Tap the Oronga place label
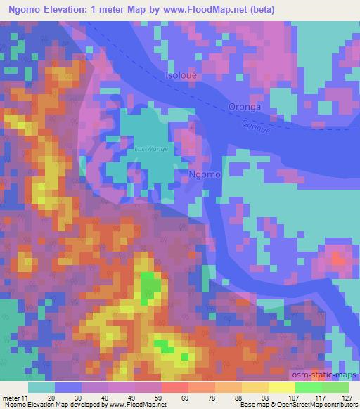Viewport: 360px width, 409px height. pos(245,107)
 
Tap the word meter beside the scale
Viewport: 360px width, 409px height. pos(11,397)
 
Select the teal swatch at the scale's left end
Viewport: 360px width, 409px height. pos(41,387)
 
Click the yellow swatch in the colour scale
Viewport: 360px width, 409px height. pos(281,387)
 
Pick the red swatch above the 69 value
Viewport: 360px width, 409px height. pos(174,387)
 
